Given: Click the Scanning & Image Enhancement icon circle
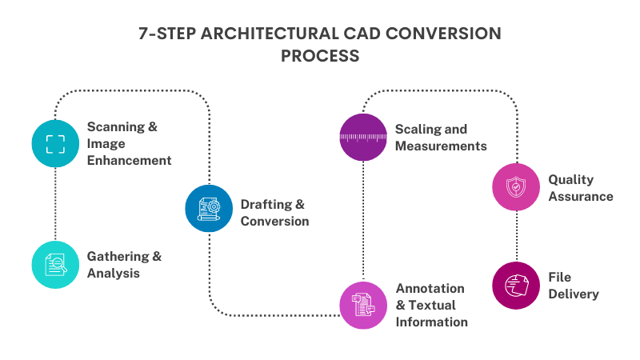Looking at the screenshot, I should coord(55,144).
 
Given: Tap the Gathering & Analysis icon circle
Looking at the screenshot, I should coord(55,265).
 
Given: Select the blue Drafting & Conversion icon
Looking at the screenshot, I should coord(209,209).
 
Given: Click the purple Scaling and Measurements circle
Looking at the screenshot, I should coord(363,137).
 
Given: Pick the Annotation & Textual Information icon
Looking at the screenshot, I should coord(363,305).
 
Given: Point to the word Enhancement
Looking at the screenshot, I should coord(130,160).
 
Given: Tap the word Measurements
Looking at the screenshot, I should coord(441,146).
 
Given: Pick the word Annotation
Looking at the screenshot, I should coord(430,288).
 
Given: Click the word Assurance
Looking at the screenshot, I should coord(581,197).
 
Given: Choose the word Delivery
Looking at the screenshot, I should coord(574,294).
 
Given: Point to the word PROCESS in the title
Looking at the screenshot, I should coord(320,57).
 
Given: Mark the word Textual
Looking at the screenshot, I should coord(432,305).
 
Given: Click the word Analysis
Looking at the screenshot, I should coord(114,274).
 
